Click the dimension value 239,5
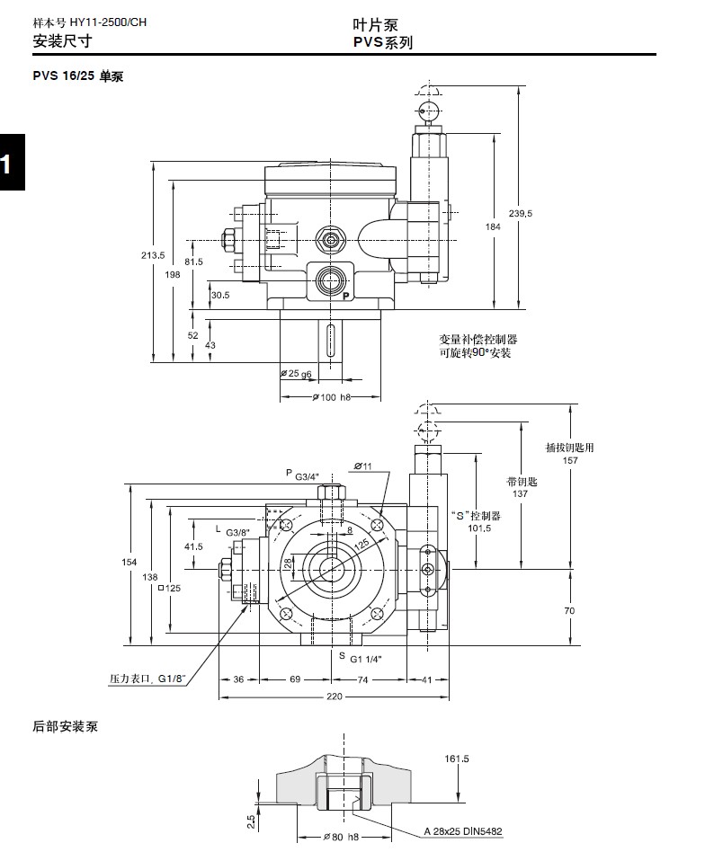(x=521, y=213)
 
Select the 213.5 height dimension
(x=153, y=255)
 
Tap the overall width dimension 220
(x=334, y=697)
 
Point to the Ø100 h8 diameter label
(x=330, y=397)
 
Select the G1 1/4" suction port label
(x=366, y=660)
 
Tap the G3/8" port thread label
(x=237, y=533)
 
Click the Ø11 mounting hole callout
(x=363, y=466)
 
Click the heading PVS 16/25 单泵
(x=77, y=77)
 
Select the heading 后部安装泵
(x=65, y=725)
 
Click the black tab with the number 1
(x=7, y=164)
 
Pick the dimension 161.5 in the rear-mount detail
(x=456, y=759)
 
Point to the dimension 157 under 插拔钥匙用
(x=570, y=461)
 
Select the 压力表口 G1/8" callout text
(x=146, y=679)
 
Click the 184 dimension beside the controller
(x=493, y=226)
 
